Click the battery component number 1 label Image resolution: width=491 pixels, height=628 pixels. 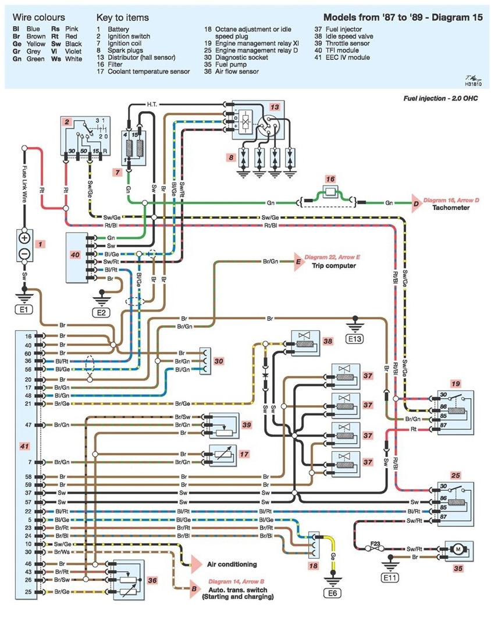pos(39,245)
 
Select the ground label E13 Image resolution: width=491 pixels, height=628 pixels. pos(353,338)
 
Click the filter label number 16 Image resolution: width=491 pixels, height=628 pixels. pos(330,179)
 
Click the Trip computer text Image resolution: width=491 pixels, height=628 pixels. pos(335,266)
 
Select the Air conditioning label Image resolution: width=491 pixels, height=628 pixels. pos(232,564)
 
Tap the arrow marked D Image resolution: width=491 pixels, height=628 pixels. pos(416,203)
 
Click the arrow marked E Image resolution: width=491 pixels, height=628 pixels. pos(298,262)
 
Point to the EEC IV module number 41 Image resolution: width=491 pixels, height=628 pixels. pos(24,445)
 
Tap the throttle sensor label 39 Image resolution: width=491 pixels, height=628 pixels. pos(246,425)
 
